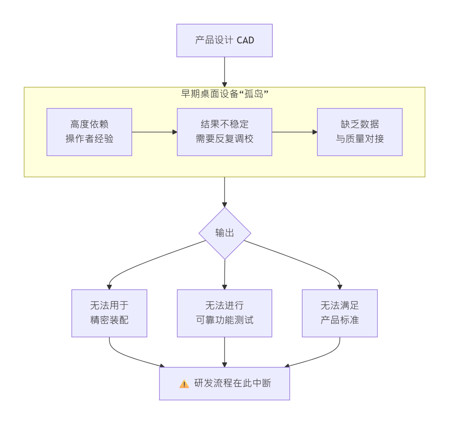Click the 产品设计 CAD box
click(x=224, y=40)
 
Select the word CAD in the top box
click(x=245, y=40)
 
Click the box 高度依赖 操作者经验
click(x=89, y=132)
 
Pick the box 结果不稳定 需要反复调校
click(x=224, y=132)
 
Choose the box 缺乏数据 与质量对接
click(x=360, y=132)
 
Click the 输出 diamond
click(x=224, y=233)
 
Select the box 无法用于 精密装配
click(x=109, y=313)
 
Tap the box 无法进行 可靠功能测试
click(x=224, y=313)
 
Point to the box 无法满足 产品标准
click(x=340, y=313)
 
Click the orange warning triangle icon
click(x=184, y=384)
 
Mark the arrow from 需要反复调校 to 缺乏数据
click(x=294, y=132)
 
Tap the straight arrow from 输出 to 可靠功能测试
click(x=224, y=274)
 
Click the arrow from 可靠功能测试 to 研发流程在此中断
click(x=224, y=352)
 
